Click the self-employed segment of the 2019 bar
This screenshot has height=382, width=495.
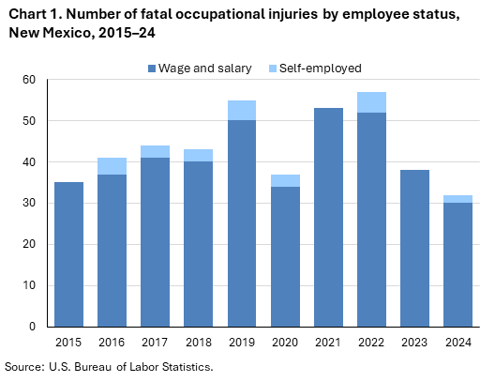click(x=241, y=111)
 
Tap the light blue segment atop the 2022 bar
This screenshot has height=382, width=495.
click(x=371, y=102)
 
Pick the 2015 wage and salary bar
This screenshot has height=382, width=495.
click(x=68, y=254)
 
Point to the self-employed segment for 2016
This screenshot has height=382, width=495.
click(x=112, y=166)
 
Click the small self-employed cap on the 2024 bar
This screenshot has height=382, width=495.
click(x=457, y=199)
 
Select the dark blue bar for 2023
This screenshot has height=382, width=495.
click(x=414, y=248)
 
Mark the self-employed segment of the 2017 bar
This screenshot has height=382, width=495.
click(x=155, y=151)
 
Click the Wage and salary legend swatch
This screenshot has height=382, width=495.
click(x=153, y=69)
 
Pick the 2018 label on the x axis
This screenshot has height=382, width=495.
click(x=198, y=343)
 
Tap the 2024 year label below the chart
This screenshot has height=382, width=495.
click(x=457, y=343)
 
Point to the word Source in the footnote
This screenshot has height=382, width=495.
click(x=25, y=366)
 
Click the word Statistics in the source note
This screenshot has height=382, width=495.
click(x=186, y=366)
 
